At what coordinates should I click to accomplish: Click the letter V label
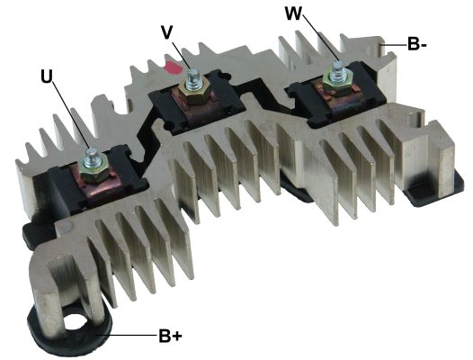[x=167, y=31]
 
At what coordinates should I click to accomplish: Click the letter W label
[x=293, y=14]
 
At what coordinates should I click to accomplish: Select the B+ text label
[x=170, y=337]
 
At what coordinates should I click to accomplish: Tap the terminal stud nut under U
[x=91, y=166]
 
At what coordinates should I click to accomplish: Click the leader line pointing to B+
[x=126, y=336]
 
